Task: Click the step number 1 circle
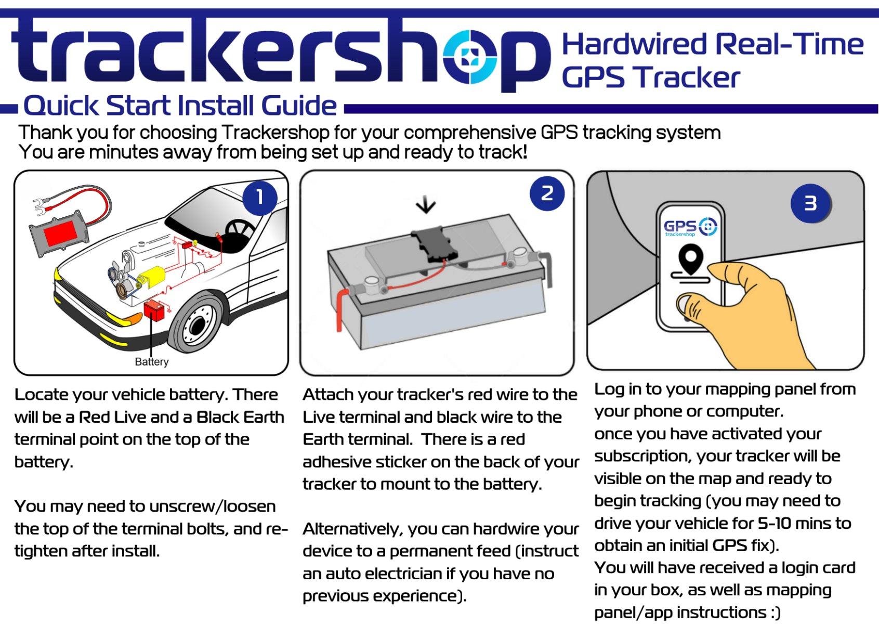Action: pyautogui.click(x=260, y=198)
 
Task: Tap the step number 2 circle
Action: pyautogui.click(x=547, y=193)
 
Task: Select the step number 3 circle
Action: pyautogui.click(x=811, y=203)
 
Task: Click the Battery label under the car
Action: pyautogui.click(x=151, y=361)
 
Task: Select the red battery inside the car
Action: pyautogui.click(x=154, y=311)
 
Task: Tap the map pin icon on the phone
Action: pyautogui.click(x=691, y=258)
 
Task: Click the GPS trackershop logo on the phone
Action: pyautogui.click(x=690, y=227)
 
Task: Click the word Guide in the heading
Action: pyautogui.click(x=299, y=106)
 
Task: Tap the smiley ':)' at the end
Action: pyautogui.click(x=775, y=612)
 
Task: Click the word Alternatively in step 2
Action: pyautogui.click(x=353, y=529)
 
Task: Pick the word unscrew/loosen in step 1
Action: pyautogui.click(x=212, y=506)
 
